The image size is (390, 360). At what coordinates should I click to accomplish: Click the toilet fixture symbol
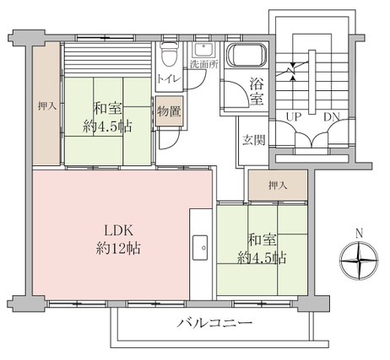tap(170, 54)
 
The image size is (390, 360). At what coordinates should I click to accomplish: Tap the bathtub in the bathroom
tap(246, 55)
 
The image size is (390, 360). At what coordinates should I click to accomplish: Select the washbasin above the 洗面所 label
tap(203, 51)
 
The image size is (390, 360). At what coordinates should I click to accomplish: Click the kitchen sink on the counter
tap(200, 248)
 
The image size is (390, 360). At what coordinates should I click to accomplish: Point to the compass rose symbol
tap(359, 261)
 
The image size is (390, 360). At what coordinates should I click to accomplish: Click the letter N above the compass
tap(359, 234)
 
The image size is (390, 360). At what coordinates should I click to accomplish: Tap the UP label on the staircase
tap(294, 116)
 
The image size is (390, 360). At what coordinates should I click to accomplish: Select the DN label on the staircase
tap(332, 116)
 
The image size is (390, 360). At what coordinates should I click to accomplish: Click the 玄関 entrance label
tap(254, 140)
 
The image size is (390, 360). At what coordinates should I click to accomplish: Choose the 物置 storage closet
tap(169, 111)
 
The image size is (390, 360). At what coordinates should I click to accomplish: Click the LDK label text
tap(118, 230)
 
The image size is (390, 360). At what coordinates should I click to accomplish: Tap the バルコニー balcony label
tap(214, 323)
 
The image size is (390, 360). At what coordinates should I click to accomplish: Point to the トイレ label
tap(168, 78)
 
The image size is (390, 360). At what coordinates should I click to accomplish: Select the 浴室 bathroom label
tap(257, 91)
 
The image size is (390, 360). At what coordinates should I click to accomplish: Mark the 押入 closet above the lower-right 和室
tap(278, 185)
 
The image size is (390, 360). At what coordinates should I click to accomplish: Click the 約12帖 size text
tap(118, 248)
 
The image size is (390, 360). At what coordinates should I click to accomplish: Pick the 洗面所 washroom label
tap(204, 65)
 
